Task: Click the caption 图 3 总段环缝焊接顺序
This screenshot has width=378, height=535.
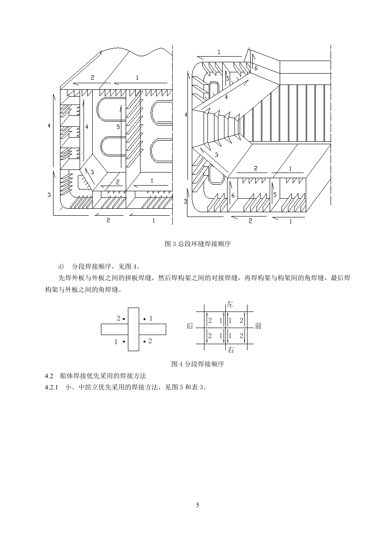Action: click(197, 244)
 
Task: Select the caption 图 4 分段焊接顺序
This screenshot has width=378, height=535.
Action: click(197, 364)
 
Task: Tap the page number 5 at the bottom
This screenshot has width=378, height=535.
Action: click(197, 505)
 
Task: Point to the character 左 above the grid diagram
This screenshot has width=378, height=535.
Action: click(230, 304)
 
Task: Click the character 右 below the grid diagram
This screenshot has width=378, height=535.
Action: click(231, 350)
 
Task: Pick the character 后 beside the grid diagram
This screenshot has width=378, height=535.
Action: click(190, 326)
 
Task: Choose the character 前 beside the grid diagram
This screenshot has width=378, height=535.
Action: click(258, 326)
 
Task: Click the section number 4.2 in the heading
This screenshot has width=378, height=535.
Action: click(49, 376)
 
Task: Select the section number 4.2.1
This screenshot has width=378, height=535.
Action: click(51, 387)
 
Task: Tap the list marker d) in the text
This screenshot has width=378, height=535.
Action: click(61, 266)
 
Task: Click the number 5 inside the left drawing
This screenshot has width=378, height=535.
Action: click(118, 127)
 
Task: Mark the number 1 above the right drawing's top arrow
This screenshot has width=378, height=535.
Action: click(219, 52)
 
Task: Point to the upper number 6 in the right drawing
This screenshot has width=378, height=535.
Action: click(256, 68)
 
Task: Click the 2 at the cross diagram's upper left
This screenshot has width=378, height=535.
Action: click(118, 318)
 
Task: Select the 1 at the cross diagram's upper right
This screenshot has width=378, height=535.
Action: click(151, 318)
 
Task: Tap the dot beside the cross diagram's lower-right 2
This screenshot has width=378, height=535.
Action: click(144, 342)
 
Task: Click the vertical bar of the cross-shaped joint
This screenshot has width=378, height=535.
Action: click(134, 329)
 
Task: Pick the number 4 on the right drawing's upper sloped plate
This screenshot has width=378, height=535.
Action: click(226, 97)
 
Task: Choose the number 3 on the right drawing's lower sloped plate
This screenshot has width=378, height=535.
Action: click(217, 155)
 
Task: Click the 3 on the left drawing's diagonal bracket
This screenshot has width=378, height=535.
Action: click(92, 172)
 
